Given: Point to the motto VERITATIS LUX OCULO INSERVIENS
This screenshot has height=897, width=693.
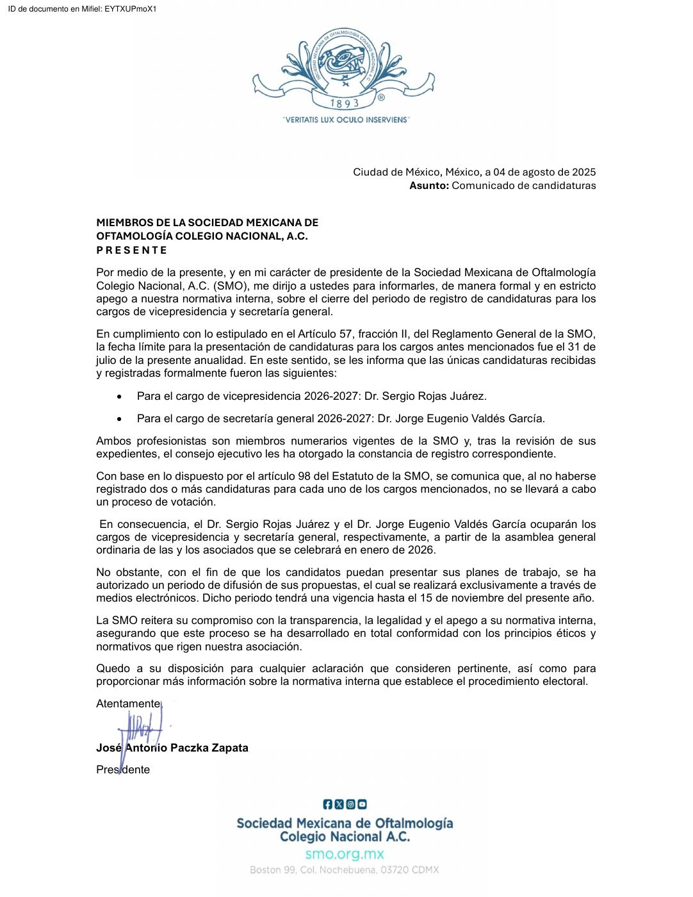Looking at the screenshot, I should (346, 120).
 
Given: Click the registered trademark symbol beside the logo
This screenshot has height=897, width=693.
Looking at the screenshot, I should (381, 98).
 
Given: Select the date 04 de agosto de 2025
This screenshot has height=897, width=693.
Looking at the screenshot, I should (544, 172).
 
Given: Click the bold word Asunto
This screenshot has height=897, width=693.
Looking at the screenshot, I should (429, 186).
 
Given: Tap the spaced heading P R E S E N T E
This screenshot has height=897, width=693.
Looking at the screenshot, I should (131, 250).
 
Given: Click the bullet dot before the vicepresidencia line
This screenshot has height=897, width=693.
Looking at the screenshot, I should (119, 397).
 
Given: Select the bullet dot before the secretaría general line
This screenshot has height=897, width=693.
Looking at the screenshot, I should (119, 420).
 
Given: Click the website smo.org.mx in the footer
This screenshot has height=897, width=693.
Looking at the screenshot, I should (345, 854).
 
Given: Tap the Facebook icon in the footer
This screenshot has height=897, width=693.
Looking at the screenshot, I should (328, 804).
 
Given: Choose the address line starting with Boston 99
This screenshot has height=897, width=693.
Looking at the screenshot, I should (345, 870).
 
